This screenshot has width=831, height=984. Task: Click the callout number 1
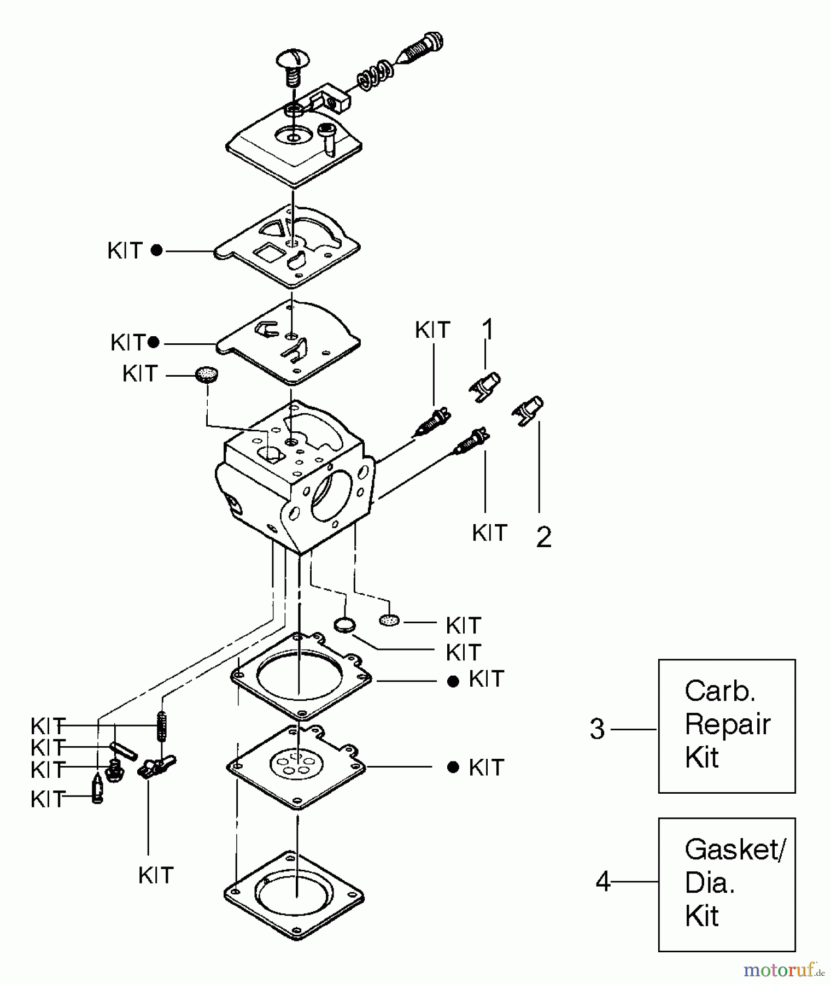(488, 330)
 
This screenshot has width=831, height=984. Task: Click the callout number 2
(543, 536)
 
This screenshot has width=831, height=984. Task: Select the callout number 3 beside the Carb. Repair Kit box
(597, 729)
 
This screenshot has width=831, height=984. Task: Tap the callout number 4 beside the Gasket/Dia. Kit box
(602, 881)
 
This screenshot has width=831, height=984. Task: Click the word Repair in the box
(727, 725)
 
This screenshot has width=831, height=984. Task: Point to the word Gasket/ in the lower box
(735, 850)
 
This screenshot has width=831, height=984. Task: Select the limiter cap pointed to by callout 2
(528, 410)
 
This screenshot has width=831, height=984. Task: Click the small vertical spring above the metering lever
(161, 726)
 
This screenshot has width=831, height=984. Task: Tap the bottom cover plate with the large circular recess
(294, 894)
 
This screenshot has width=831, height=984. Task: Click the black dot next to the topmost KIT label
(156, 251)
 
